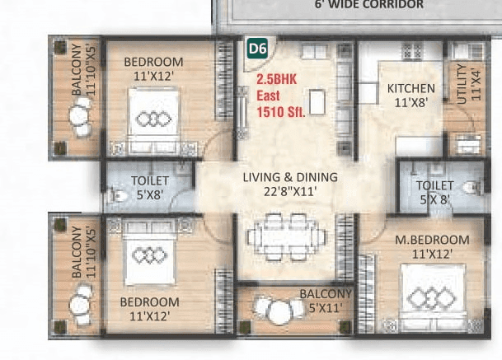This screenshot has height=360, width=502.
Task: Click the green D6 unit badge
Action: [x=258, y=49]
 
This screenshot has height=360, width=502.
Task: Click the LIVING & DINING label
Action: [x=289, y=177]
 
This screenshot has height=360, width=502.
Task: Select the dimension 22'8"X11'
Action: [x=289, y=192]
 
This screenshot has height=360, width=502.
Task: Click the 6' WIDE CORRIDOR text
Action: [x=357, y=5]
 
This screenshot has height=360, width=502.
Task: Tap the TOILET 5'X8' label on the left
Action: [x=149, y=187]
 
